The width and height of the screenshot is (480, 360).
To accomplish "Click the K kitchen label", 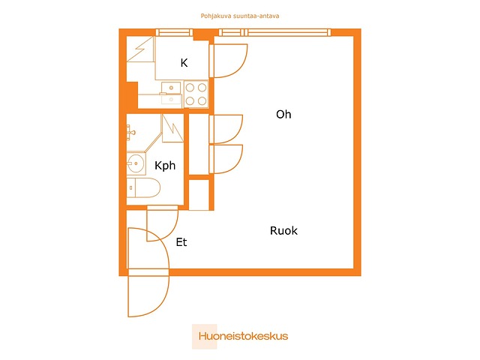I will pos(184,63).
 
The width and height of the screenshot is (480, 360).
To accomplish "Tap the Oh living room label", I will pos(283,115).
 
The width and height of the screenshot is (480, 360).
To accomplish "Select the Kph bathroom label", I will pos(165,165).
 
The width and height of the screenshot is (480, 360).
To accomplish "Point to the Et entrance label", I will pos(181,242).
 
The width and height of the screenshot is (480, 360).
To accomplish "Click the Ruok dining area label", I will pos(283,231).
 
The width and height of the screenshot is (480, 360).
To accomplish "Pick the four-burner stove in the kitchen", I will pos(196,94).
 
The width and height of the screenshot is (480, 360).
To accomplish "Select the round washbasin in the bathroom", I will pos(136,163).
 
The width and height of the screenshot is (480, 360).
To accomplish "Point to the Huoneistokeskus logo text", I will pos(243,336).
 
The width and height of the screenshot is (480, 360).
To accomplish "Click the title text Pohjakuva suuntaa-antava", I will pos(240,15).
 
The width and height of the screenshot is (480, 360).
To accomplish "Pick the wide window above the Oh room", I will pos(288,32).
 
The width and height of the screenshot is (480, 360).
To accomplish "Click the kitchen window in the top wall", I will pos(174,32).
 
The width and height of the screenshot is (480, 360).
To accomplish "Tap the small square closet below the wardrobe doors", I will pos(199,195).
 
